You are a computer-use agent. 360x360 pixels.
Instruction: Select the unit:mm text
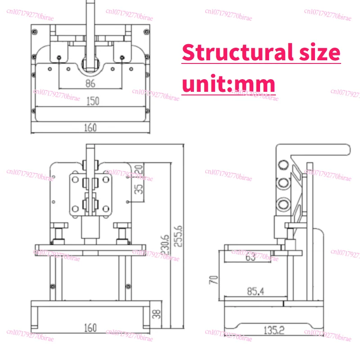[x=228, y=84]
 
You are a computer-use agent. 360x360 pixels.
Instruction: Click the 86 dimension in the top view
[x=90, y=83]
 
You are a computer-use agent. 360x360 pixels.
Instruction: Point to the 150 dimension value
[x=92, y=102]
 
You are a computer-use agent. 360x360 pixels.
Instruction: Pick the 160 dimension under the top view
[x=90, y=127]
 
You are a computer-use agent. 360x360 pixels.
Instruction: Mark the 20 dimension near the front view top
[x=139, y=171]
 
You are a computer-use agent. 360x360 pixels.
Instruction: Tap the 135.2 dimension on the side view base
[x=274, y=330]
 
